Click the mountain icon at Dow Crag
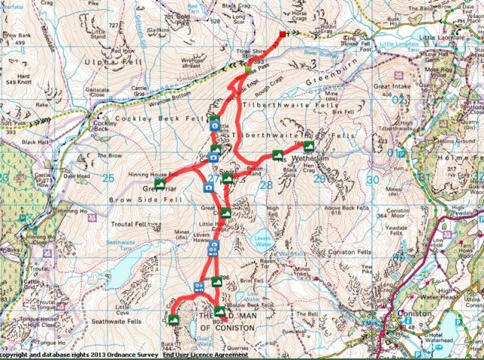(174, 320)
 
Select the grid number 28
(265, 184)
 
